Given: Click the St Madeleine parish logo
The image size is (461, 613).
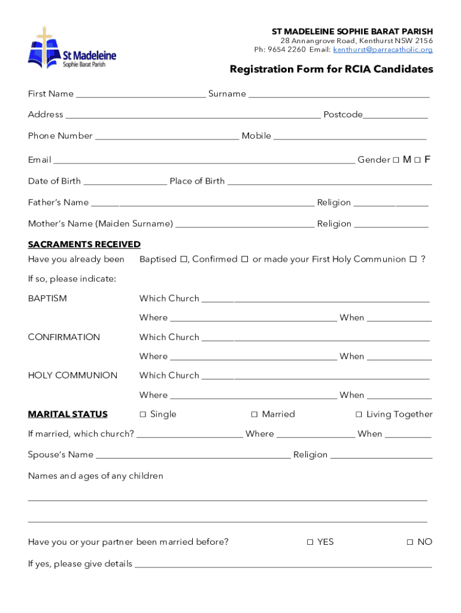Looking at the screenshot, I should [x=71, y=48].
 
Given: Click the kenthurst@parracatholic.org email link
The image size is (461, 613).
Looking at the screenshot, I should [x=383, y=50].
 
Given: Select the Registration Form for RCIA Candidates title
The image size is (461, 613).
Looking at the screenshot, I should [x=331, y=69].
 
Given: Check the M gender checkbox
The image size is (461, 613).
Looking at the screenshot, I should [x=396, y=160].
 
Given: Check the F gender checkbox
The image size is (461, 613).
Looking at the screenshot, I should [x=417, y=160].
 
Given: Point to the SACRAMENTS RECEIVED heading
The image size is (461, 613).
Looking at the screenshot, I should [x=84, y=244].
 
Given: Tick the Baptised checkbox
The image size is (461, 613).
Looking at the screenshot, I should [x=184, y=260].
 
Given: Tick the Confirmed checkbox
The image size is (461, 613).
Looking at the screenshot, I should [x=244, y=260].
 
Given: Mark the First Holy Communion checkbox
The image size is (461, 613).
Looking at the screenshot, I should [x=413, y=260].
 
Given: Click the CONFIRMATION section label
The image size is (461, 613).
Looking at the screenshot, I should [x=64, y=337].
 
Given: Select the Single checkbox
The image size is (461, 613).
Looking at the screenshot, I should [x=142, y=414].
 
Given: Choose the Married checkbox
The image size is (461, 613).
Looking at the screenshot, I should [x=254, y=414].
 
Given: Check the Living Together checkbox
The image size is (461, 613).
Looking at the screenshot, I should [x=359, y=414].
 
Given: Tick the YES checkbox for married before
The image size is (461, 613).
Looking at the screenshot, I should [x=310, y=542].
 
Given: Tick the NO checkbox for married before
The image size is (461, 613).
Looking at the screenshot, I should [x=410, y=542].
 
